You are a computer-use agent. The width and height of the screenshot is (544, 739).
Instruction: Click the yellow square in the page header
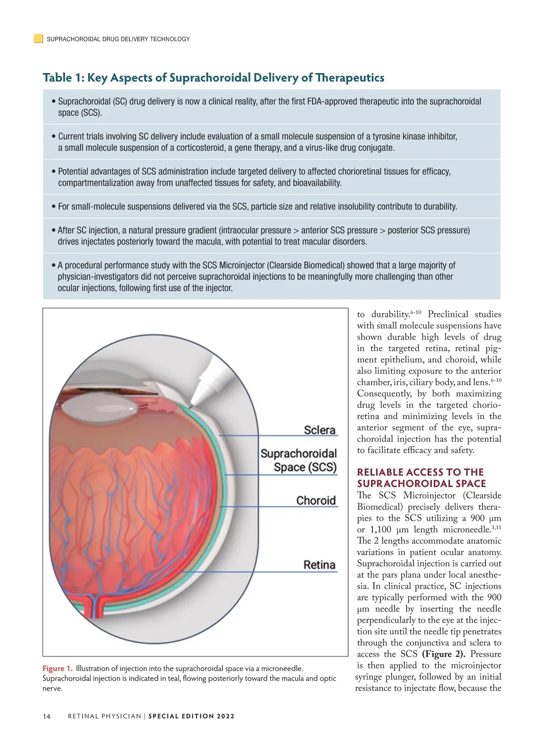pos(39,39)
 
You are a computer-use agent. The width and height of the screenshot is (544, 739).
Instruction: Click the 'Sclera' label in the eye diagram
pos(320,430)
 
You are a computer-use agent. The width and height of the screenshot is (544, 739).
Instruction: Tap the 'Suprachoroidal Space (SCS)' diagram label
pos(298,460)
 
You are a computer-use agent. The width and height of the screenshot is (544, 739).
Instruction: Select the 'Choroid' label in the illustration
pos(316,501)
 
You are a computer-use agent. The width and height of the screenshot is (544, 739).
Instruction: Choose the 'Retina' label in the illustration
pos(319,565)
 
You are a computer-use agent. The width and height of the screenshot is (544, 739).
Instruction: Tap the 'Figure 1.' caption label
pos(58,668)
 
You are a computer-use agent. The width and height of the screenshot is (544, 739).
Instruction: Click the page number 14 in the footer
pos(47,716)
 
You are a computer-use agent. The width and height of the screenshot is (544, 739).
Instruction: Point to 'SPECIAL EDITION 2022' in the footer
pos(191,716)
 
